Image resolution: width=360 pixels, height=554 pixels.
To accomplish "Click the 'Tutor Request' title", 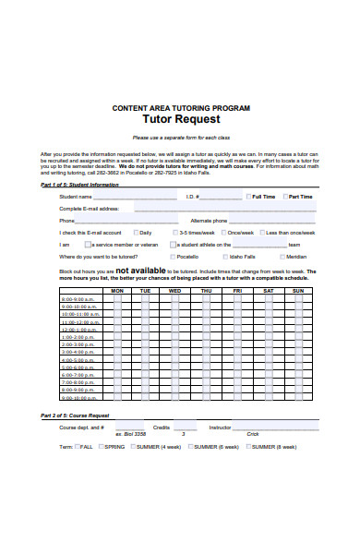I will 180,119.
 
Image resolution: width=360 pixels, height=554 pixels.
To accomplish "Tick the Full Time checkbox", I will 246,196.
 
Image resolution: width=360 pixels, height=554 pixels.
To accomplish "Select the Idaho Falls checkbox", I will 225,256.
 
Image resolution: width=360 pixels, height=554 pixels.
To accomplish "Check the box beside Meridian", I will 282,256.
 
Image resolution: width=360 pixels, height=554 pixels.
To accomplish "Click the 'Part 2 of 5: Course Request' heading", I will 81,415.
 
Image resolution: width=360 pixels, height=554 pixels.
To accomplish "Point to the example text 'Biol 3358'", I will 137,433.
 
